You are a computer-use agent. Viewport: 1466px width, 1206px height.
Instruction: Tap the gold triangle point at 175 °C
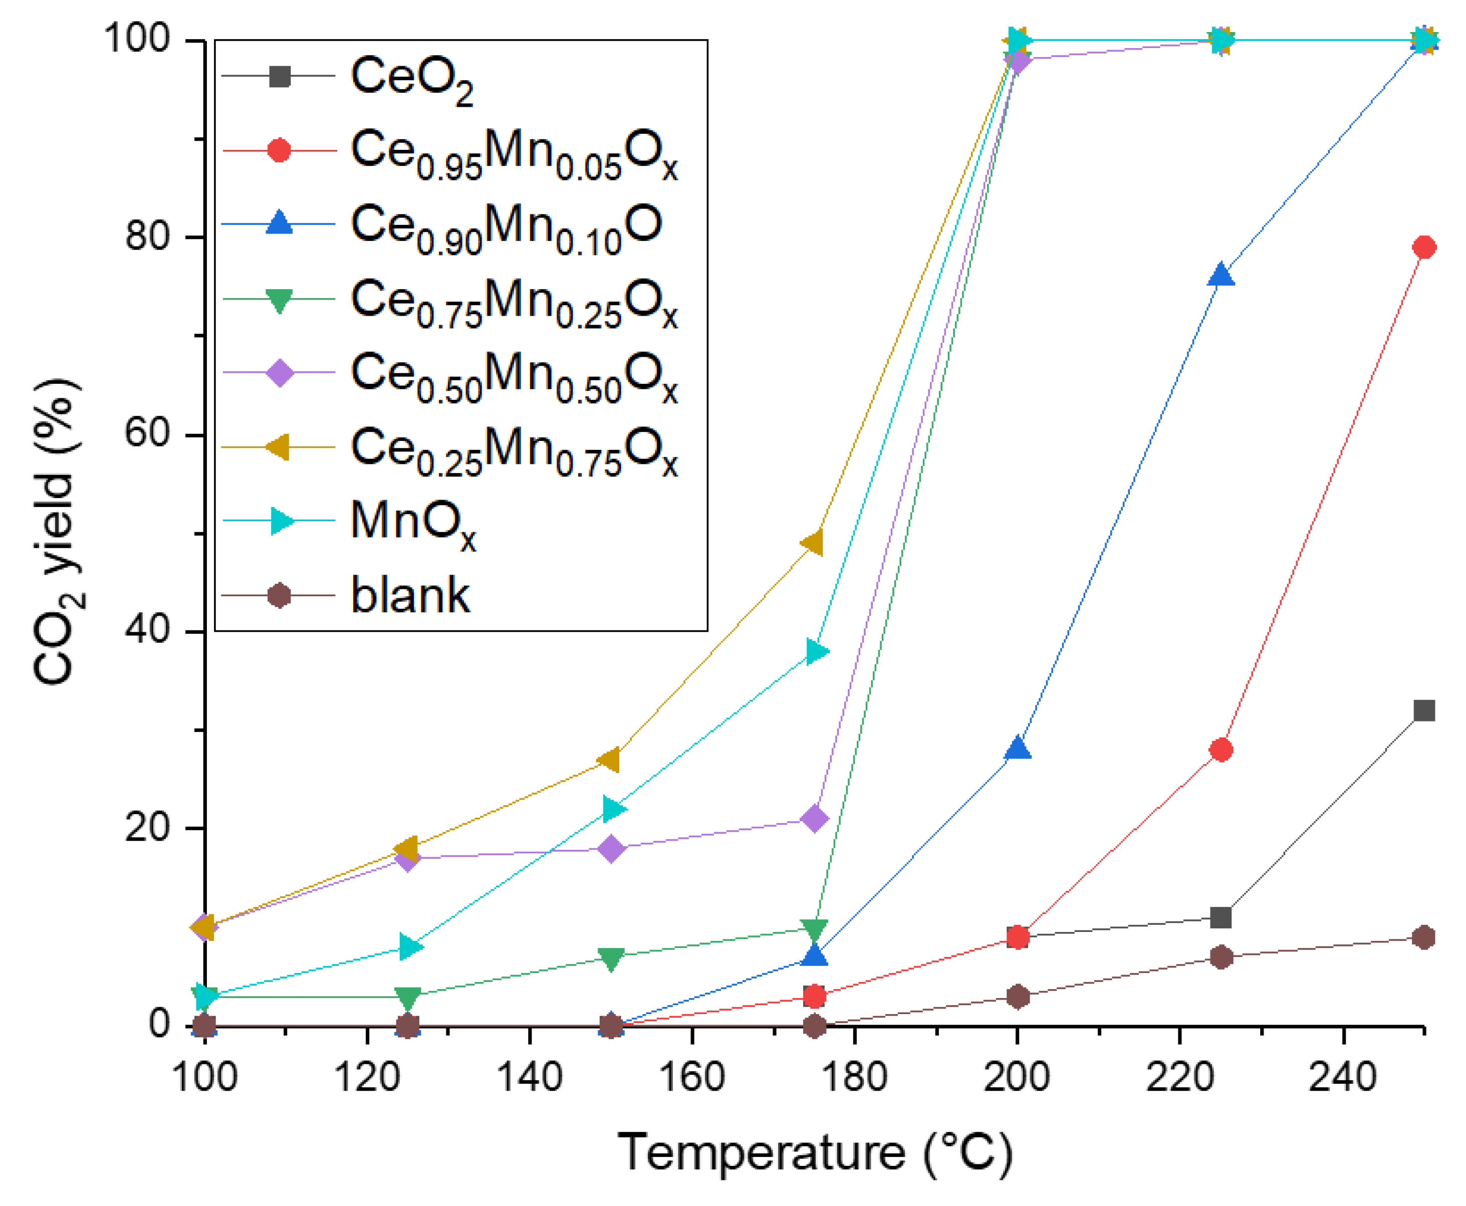coord(812,543)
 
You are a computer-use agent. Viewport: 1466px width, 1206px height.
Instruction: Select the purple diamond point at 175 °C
coord(814,819)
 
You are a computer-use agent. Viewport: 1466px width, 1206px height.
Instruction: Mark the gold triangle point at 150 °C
coord(609,760)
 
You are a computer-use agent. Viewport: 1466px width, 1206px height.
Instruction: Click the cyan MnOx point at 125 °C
coord(410,947)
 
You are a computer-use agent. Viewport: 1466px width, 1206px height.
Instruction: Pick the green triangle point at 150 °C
coord(611,958)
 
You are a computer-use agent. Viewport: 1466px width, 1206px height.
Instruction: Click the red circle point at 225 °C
coord(1220,750)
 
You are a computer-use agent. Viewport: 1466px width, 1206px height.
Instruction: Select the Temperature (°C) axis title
coord(814,1154)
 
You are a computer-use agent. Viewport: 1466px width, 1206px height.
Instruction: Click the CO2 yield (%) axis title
coord(57,532)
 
